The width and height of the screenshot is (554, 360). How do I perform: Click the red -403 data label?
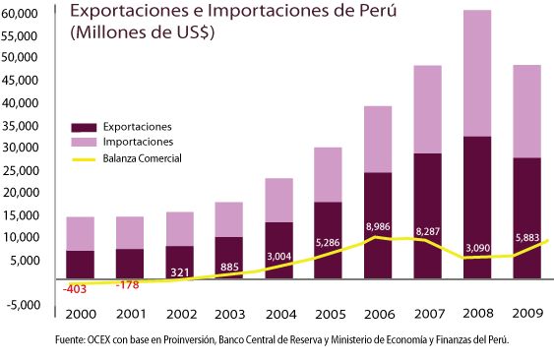click(x=75, y=289)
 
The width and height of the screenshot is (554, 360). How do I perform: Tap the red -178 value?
click(x=127, y=285)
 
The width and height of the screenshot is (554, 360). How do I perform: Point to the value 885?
click(x=229, y=267)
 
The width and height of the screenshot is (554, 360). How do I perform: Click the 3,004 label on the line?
click(x=279, y=256)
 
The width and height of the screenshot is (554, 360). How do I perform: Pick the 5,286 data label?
click(x=328, y=241)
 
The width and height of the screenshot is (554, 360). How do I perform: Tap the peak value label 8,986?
click(x=378, y=227)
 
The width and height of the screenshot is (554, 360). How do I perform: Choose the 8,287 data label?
click(x=427, y=231)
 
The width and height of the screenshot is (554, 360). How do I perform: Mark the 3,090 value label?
click(x=477, y=247)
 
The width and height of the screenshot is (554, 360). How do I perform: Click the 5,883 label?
click(x=527, y=237)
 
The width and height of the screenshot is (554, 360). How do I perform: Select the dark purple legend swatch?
click(x=84, y=128)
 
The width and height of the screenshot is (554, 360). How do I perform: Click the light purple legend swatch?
click(x=84, y=142)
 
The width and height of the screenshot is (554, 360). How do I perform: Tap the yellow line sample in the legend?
click(x=84, y=158)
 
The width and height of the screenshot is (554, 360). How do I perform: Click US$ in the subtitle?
click(x=193, y=31)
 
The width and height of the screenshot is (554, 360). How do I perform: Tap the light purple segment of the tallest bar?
click(x=477, y=74)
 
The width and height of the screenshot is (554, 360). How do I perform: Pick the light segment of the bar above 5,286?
click(x=328, y=174)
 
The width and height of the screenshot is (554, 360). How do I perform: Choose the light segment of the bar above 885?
click(x=228, y=219)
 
